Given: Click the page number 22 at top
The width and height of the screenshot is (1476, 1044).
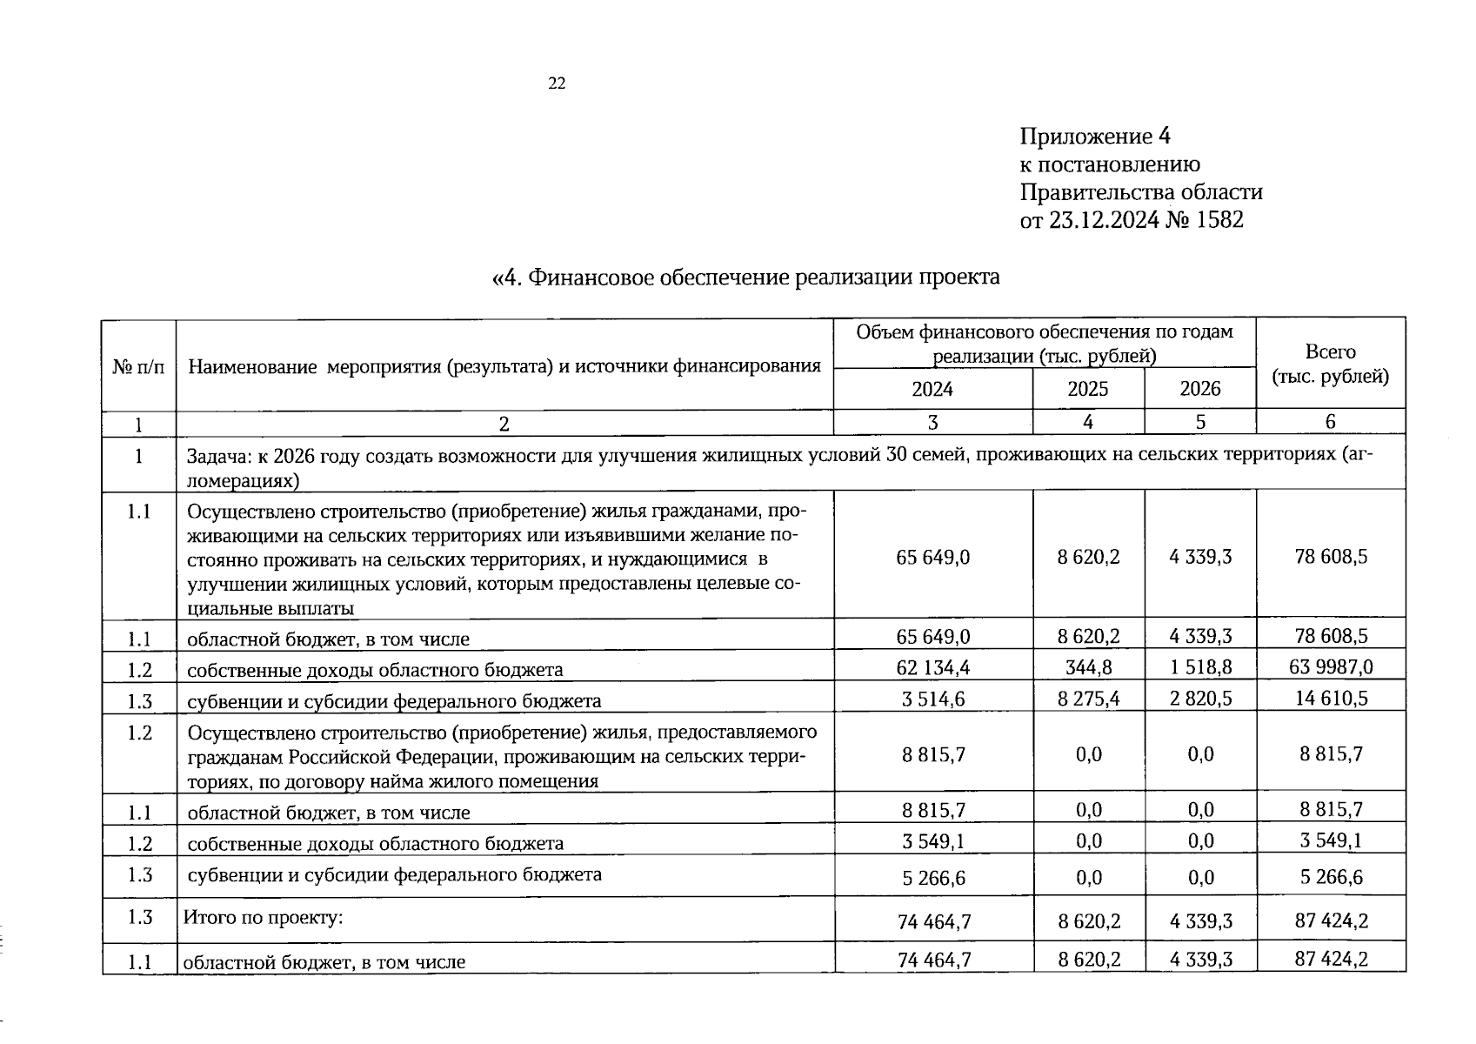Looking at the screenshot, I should pyautogui.click(x=557, y=84).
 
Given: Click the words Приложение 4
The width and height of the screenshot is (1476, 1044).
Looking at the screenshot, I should pyautogui.click(x=1095, y=137).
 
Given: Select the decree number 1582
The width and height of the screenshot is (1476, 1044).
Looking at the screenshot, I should pyautogui.click(x=1219, y=220).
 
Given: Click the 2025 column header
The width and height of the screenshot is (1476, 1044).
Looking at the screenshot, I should pyautogui.click(x=1087, y=389).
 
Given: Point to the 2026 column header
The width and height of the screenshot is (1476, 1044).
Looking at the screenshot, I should pyautogui.click(x=1199, y=389).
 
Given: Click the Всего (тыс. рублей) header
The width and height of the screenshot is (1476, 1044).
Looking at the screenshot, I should pyautogui.click(x=1330, y=364).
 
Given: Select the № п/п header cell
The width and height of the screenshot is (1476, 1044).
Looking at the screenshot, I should pyautogui.click(x=138, y=365).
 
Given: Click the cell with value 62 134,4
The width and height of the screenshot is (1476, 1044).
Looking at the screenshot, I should pyautogui.click(x=932, y=667).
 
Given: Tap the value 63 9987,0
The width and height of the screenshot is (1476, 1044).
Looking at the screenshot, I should pyautogui.click(x=1331, y=667).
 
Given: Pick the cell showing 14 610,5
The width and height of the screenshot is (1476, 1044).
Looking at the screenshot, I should pyautogui.click(x=1331, y=698).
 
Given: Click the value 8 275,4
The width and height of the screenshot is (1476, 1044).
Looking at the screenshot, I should pyautogui.click(x=1088, y=698).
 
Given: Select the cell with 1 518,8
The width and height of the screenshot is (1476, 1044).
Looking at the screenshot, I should pyautogui.click(x=1200, y=667).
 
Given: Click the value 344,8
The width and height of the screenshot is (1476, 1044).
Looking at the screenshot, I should pyautogui.click(x=1088, y=667).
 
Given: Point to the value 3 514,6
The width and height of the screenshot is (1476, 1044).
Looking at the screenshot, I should pyautogui.click(x=932, y=698).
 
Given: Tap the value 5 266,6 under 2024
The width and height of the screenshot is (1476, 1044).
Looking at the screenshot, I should pyautogui.click(x=933, y=878).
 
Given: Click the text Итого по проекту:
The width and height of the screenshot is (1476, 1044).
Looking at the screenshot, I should pyautogui.click(x=263, y=917).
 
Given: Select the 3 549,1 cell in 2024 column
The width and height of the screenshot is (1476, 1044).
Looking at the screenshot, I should pyautogui.click(x=932, y=840).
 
